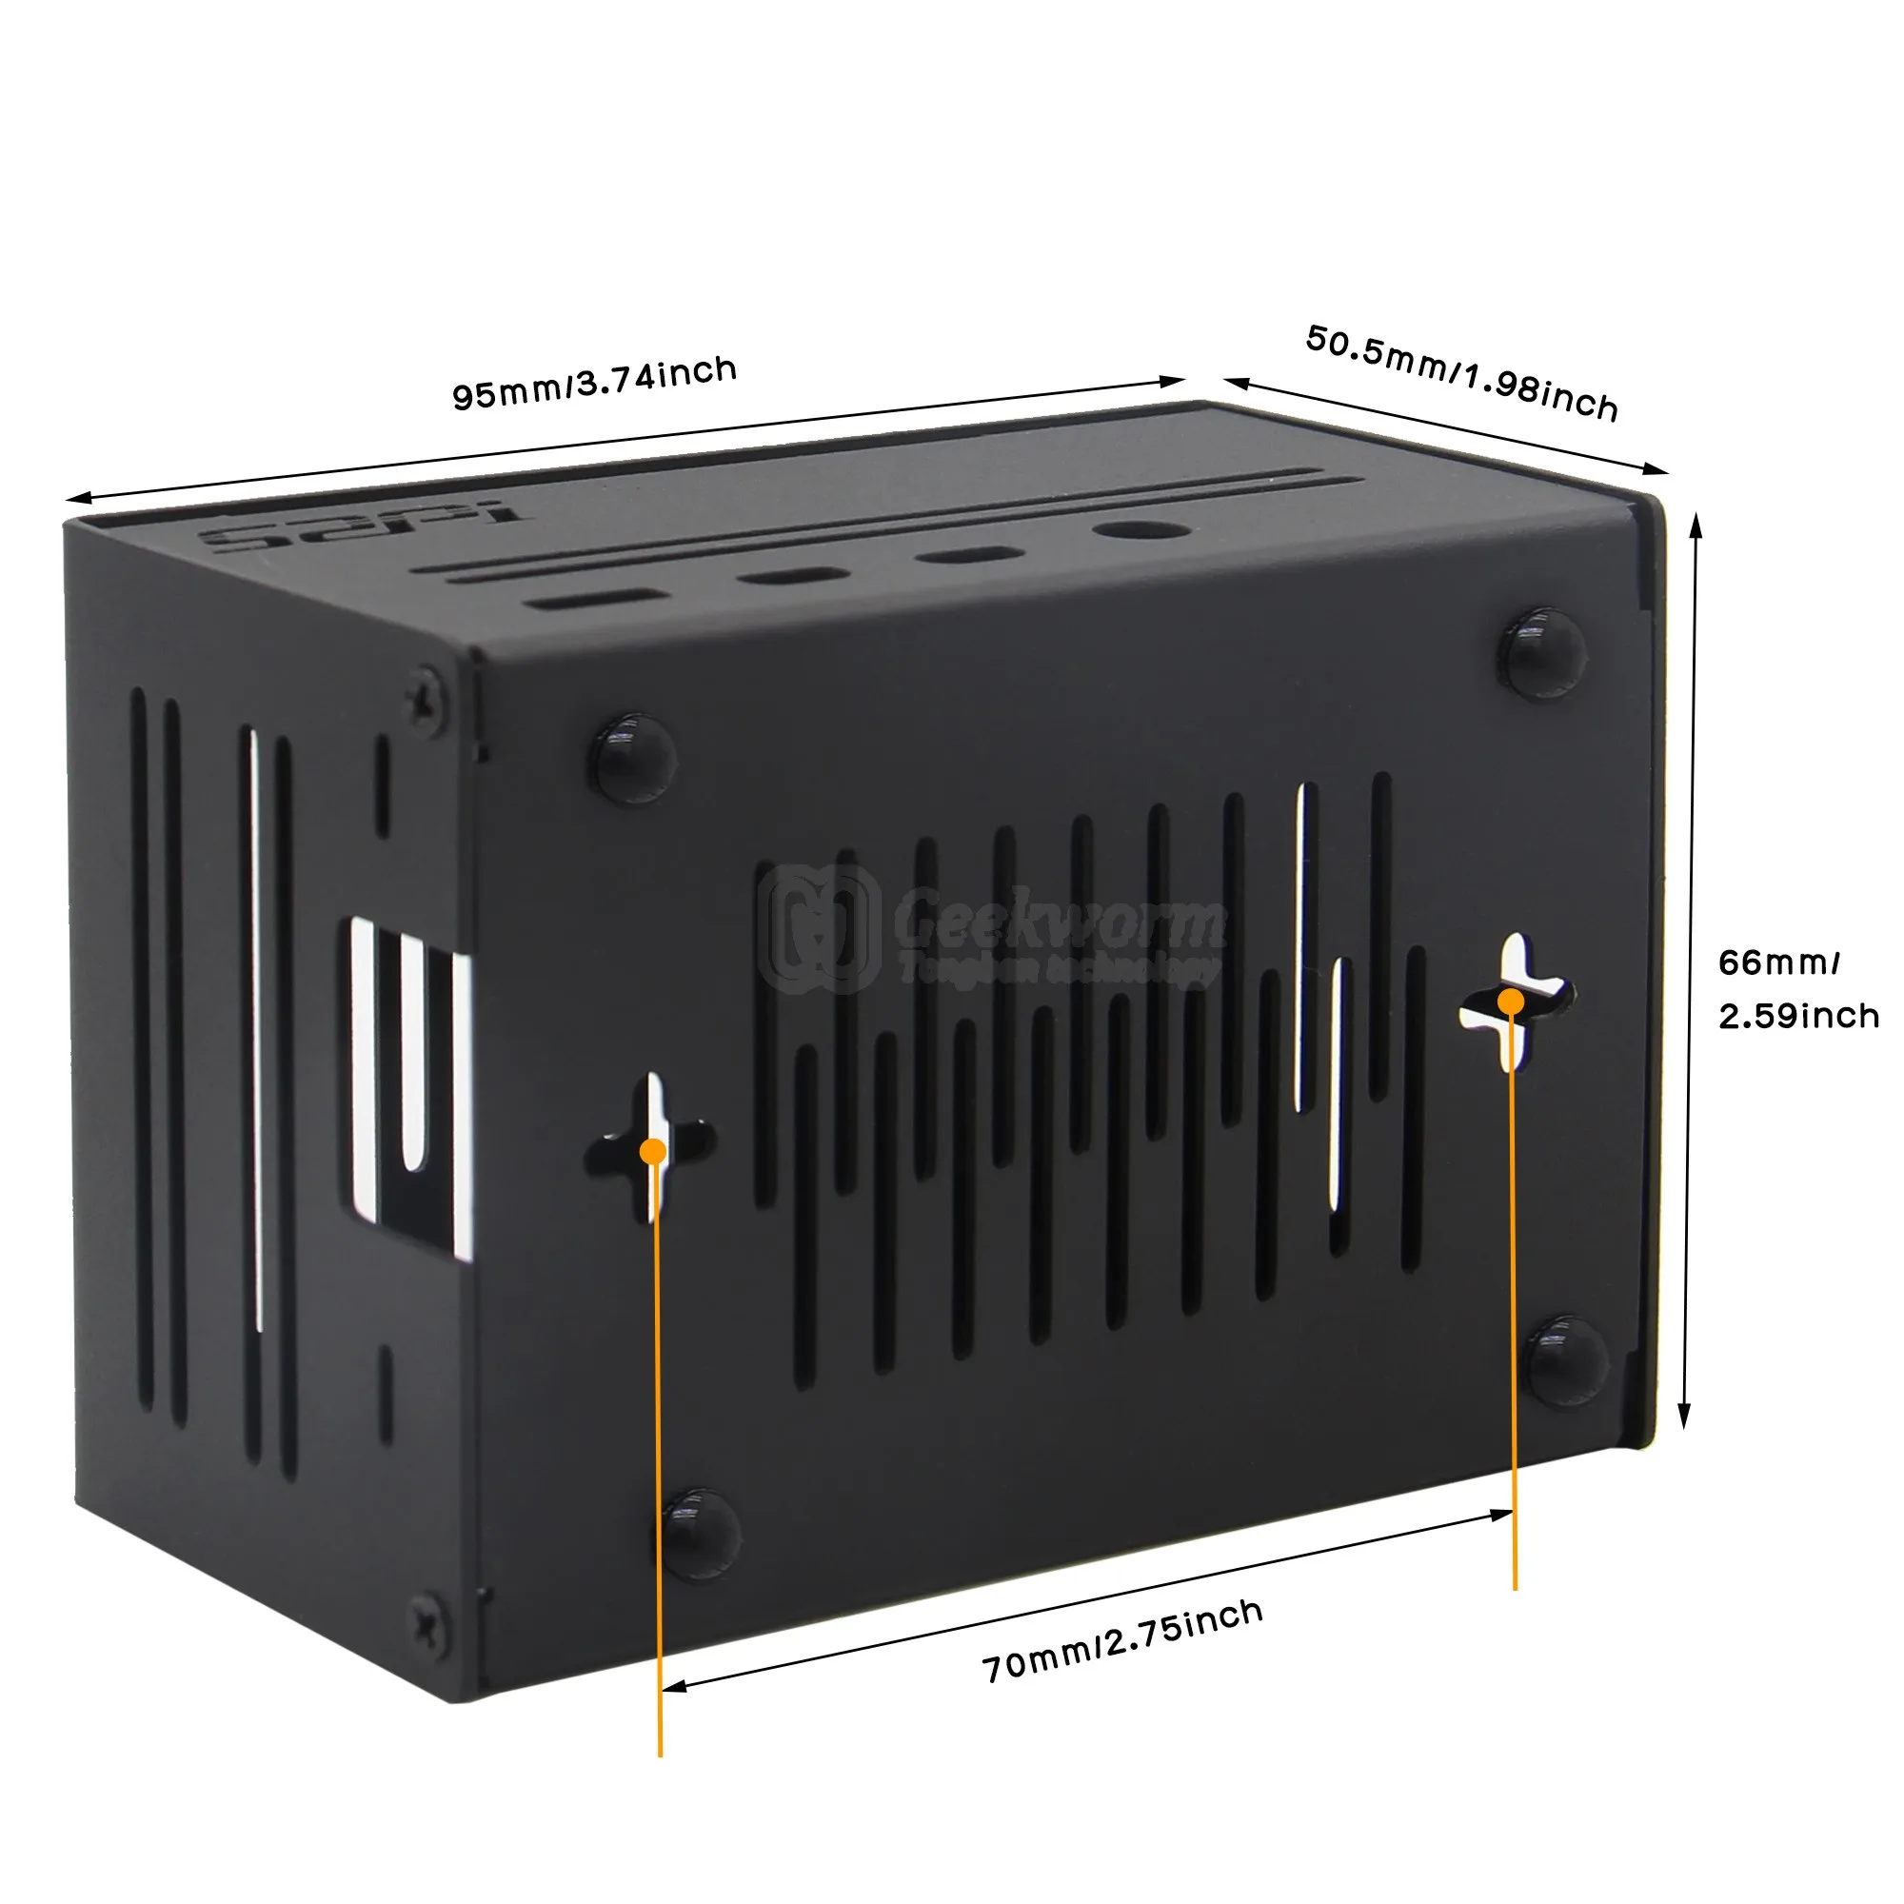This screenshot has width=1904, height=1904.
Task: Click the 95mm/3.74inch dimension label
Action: (594, 383)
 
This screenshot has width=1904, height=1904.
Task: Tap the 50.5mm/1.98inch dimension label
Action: (1461, 372)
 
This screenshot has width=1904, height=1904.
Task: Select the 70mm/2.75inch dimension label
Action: (1122, 1641)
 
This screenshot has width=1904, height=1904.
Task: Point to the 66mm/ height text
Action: (1779, 962)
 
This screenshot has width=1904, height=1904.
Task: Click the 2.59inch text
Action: (1798, 1015)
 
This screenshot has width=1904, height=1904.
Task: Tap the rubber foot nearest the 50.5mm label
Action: (1542, 651)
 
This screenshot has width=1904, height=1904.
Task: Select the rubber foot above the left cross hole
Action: (632, 757)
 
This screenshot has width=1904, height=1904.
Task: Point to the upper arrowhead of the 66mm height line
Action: (1696, 524)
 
